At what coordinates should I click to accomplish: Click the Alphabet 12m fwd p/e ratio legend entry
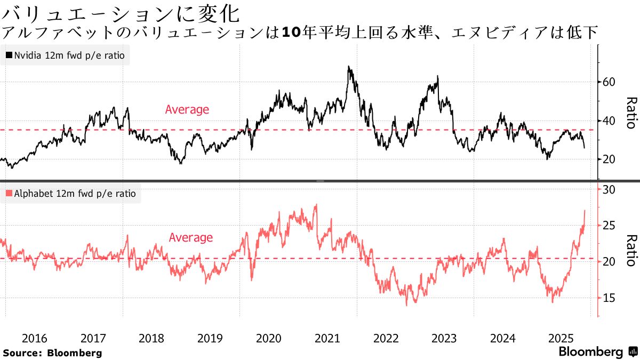click(x=70, y=194)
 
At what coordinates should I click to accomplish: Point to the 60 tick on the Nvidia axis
click(x=610, y=82)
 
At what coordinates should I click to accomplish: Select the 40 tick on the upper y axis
click(x=610, y=121)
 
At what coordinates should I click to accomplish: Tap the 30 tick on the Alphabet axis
click(x=610, y=190)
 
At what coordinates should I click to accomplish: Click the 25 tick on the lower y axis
click(x=610, y=226)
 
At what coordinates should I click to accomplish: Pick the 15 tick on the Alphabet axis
click(x=610, y=298)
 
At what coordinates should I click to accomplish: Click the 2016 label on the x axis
click(x=35, y=338)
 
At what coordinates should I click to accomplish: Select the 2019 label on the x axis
click(x=210, y=338)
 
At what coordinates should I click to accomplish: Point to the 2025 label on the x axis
click(x=561, y=338)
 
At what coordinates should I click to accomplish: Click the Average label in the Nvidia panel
click(x=187, y=110)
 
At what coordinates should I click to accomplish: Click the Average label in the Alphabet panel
click(x=190, y=238)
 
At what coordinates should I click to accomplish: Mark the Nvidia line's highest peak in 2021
click(x=349, y=67)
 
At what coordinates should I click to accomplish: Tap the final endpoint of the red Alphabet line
click(x=585, y=210)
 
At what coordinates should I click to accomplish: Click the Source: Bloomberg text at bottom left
click(x=52, y=353)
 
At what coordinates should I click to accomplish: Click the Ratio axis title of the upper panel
click(x=631, y=113)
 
